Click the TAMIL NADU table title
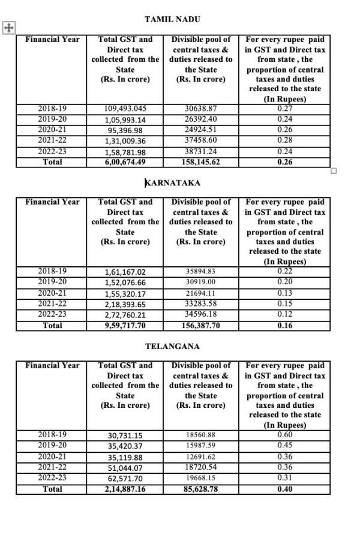pos(172,20)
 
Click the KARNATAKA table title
pos(173,182)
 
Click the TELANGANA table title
pos(172,346)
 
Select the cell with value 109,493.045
pos(125,109)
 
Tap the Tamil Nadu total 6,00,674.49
pos(125,162)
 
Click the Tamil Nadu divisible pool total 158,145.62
pos(200,162)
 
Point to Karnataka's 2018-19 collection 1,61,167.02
pos(125,272)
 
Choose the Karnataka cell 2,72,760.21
pos(125,315)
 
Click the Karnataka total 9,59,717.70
pos(125,326)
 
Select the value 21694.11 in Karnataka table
pos(200,293)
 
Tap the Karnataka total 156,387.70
pos(200,326)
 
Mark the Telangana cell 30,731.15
pos(125,435)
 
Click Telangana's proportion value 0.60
pos(285,434)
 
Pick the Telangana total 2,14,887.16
pos(125,489)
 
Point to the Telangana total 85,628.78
pos(200,489)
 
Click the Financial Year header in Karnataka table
pos(52,202)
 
